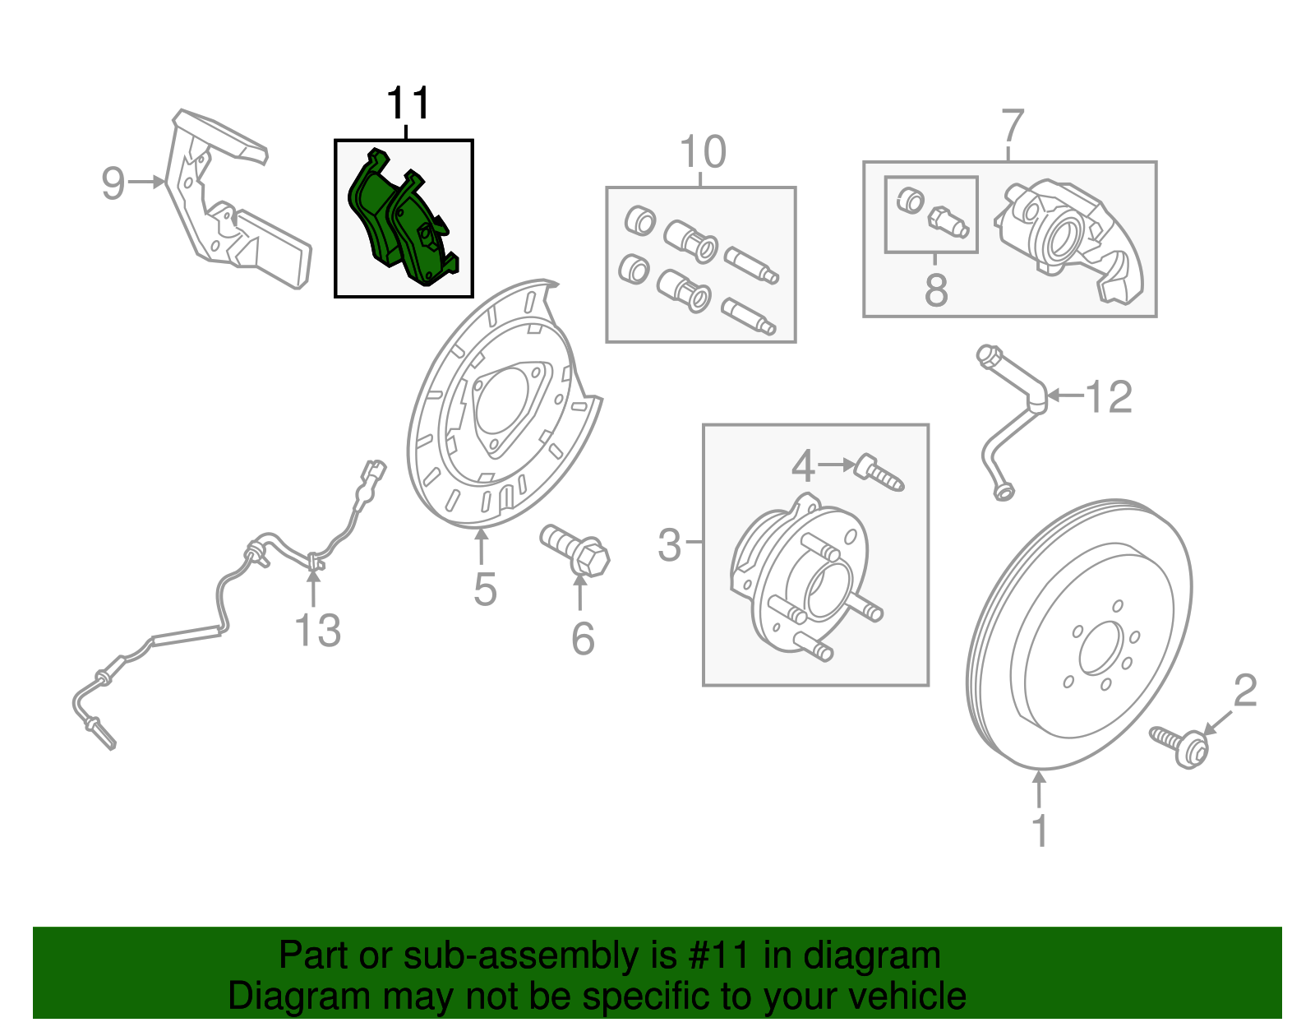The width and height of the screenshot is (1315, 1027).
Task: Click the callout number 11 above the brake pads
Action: point(408,104)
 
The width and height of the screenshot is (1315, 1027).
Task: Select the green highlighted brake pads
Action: point(403,220)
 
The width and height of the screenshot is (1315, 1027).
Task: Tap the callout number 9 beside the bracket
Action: point(113,183)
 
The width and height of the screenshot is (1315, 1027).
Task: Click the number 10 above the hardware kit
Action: point(703,152)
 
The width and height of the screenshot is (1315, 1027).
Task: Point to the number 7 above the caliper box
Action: point(1013,127)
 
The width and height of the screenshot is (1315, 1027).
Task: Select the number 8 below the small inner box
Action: point(936,289)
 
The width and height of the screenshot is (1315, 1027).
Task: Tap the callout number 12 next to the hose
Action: point(1109,397)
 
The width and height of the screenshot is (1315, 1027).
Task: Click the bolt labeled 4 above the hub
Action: point(879,472)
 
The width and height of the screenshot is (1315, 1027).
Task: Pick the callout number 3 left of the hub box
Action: point(670,544)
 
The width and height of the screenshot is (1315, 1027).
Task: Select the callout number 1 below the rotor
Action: point(1040,830)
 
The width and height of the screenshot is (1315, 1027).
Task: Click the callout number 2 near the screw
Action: point(1245,691)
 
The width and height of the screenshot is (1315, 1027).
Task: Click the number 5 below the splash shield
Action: point(485,590)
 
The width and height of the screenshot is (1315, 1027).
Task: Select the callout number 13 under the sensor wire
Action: point(317,631)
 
